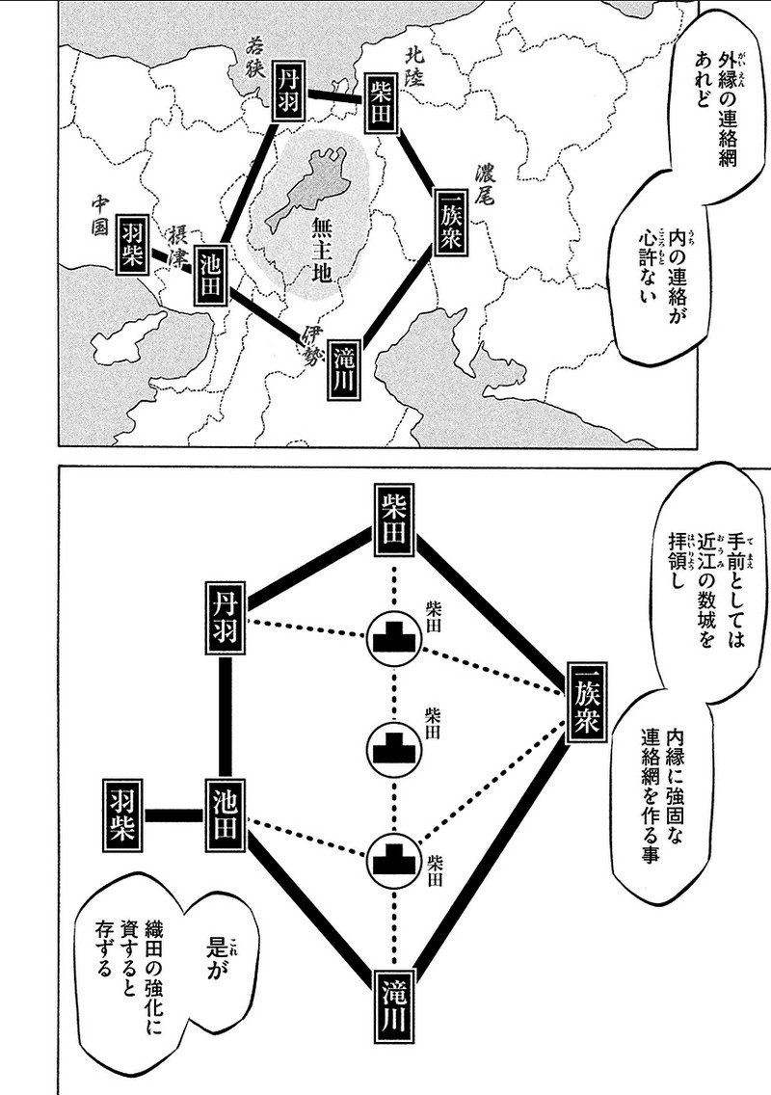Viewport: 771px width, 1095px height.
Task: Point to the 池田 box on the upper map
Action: pyautogui.click(x=211, y=275)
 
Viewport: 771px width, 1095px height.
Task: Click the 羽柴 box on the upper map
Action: pyautogui.click(x=131, y=245)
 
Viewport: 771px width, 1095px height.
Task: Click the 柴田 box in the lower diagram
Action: pyautogui.click(x=394, y=519)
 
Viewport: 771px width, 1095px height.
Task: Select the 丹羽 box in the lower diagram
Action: pyautogui.click(x=226, y=619)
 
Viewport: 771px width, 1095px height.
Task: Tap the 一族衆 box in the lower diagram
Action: pyautogui.click(x=586, y=706)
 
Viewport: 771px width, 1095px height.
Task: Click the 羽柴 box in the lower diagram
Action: pyautogui.click(x=123, y=815)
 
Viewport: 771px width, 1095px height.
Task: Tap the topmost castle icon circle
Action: pyautogui.click(x=393, y=636)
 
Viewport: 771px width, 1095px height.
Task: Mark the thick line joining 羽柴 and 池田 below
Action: pyautogui.click(x=174, y=815)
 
